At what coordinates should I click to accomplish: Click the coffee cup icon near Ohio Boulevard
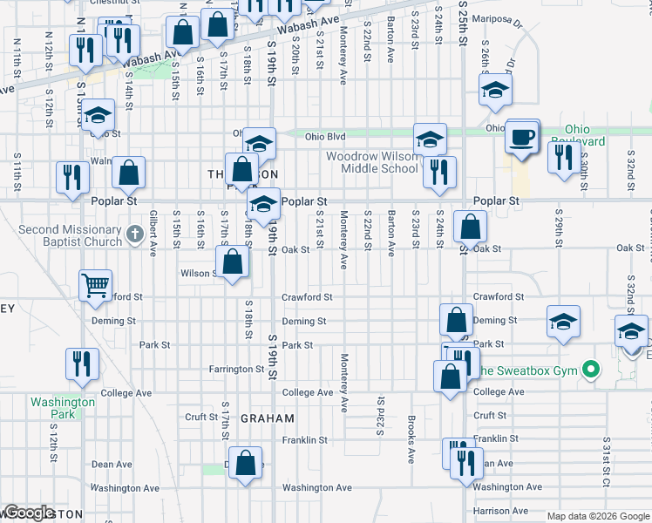[522, 138]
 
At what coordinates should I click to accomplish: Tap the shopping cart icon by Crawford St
[95, 284]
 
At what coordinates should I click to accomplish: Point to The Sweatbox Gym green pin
[591, 370]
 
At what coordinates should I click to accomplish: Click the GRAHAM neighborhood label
[267, 418]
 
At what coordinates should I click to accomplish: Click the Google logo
[29, 513]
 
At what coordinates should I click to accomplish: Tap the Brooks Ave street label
[411, 444]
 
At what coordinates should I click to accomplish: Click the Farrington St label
[235, 370]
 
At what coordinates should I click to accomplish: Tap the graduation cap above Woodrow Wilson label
[429, 139]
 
